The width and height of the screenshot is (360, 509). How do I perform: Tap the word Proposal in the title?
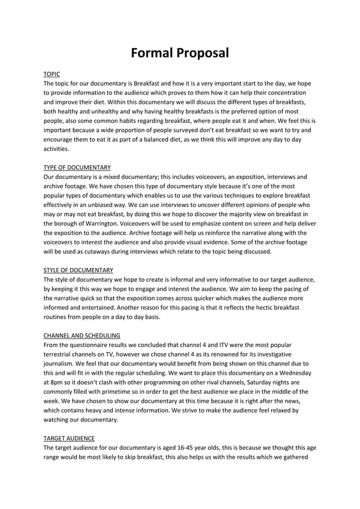tap(203, 54)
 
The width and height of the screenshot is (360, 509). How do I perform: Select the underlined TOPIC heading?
tap(52, 74)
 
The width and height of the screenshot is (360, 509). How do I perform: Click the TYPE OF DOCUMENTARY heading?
tap(77, 167)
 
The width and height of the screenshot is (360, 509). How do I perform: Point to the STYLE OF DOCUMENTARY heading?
tap(78, 270)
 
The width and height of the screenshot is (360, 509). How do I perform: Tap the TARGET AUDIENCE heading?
tap(69, 437)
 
